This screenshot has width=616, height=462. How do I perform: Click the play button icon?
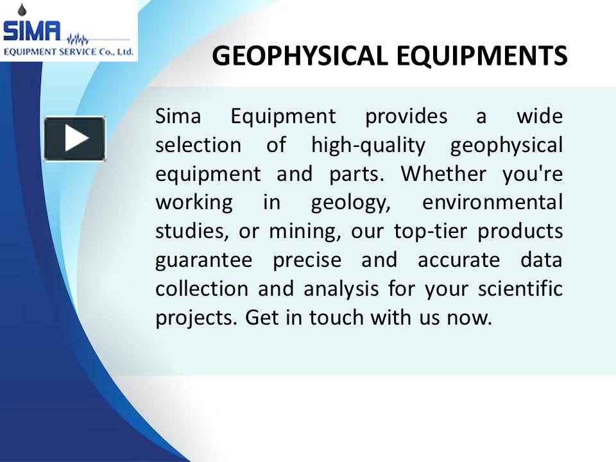coord(74,139)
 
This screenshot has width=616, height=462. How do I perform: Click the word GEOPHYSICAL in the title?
coord(300,56)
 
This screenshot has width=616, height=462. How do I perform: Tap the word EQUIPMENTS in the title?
coord(481,56)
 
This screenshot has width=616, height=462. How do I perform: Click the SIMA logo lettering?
coord(32,30)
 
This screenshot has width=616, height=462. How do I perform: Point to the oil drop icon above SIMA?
coord(24,9)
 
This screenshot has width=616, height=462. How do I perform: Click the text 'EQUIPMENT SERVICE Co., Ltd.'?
coord(69,51)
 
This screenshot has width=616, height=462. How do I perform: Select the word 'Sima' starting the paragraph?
coord(178,117)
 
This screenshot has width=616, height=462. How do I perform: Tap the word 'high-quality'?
coord(368,146)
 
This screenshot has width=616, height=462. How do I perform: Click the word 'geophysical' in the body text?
coord(506,146)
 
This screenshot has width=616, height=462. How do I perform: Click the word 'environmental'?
coord(492,203)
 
